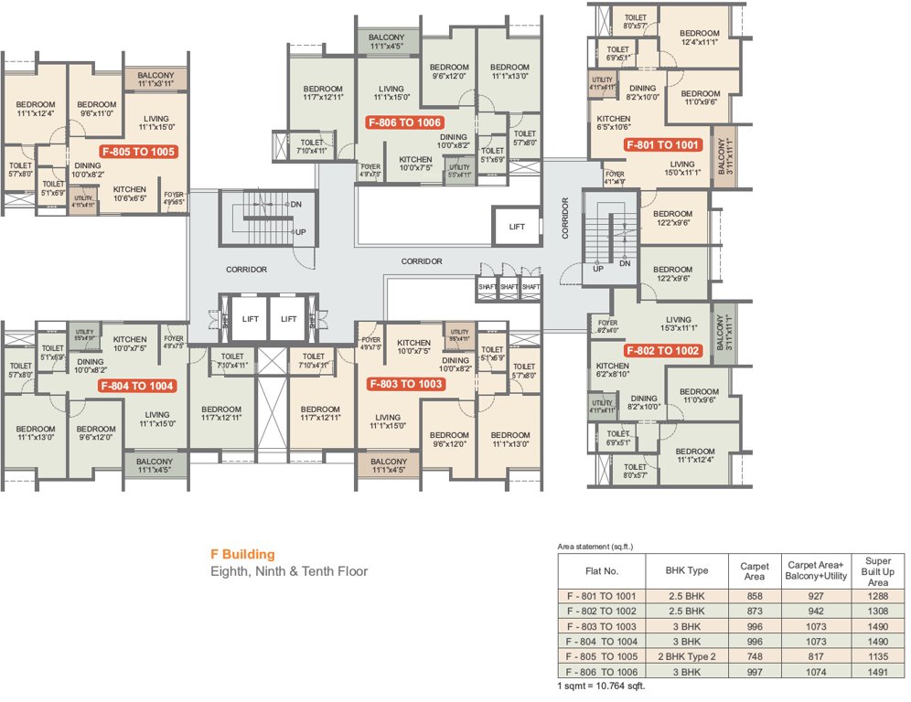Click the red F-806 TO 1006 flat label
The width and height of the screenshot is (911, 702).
pyautogui.click(x=403, y=122)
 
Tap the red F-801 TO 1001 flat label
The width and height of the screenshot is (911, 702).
pyautogui.click(x=662, y=144)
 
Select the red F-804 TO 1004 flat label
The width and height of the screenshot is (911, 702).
pyautogui.click(x=137, y=386)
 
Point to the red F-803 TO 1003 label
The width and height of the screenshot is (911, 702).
pyautogui.click(x=405, y=384)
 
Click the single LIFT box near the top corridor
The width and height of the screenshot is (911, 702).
pyautogui.click(x=517, y=227)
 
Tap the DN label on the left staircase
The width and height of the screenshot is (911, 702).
pyautogui.click(x=295, y=204)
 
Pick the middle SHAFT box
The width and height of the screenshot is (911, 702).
pyautogui.click(x=509, y=287)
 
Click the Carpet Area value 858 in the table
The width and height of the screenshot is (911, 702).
pyautogui.click(x=754, y=595)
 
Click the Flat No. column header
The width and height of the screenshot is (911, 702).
pyautogui.click(x=603, y=570)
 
